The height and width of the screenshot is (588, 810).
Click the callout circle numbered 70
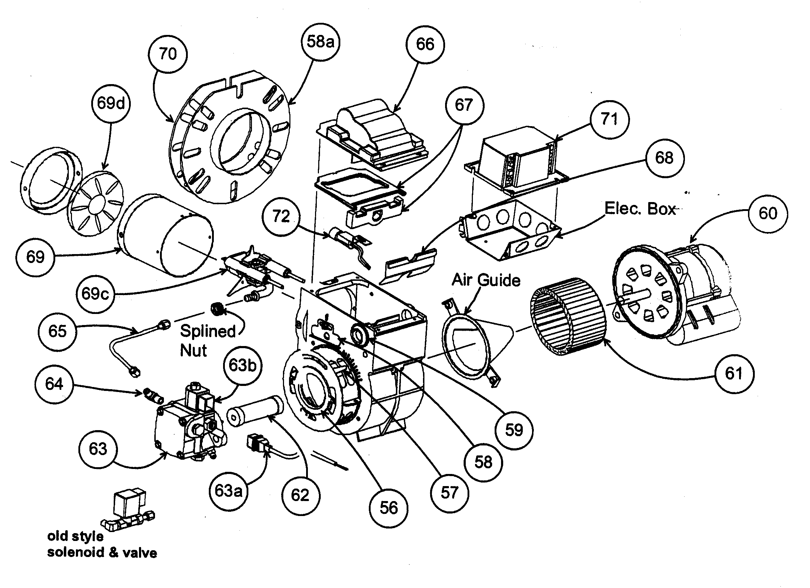pos(167,54)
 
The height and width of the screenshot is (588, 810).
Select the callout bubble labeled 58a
pos(320,42)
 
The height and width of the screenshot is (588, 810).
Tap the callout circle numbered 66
pos(425,45)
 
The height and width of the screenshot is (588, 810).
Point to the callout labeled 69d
pos(111,104)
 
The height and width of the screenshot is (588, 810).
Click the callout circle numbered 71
pos(609,119)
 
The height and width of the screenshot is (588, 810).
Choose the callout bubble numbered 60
pos(768,213)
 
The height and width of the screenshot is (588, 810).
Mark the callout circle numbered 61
pos(734,374)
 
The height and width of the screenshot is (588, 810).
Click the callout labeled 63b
pos(242,365)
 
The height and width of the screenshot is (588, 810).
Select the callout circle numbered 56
pos(388,508)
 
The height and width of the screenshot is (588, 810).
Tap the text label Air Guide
pos(486,280)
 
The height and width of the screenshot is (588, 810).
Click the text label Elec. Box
pos(640,208)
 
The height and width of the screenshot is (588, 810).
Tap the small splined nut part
pos(217,308)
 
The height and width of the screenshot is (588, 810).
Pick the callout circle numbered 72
pos(281,216)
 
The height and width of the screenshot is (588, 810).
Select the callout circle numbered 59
pos(514,430)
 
